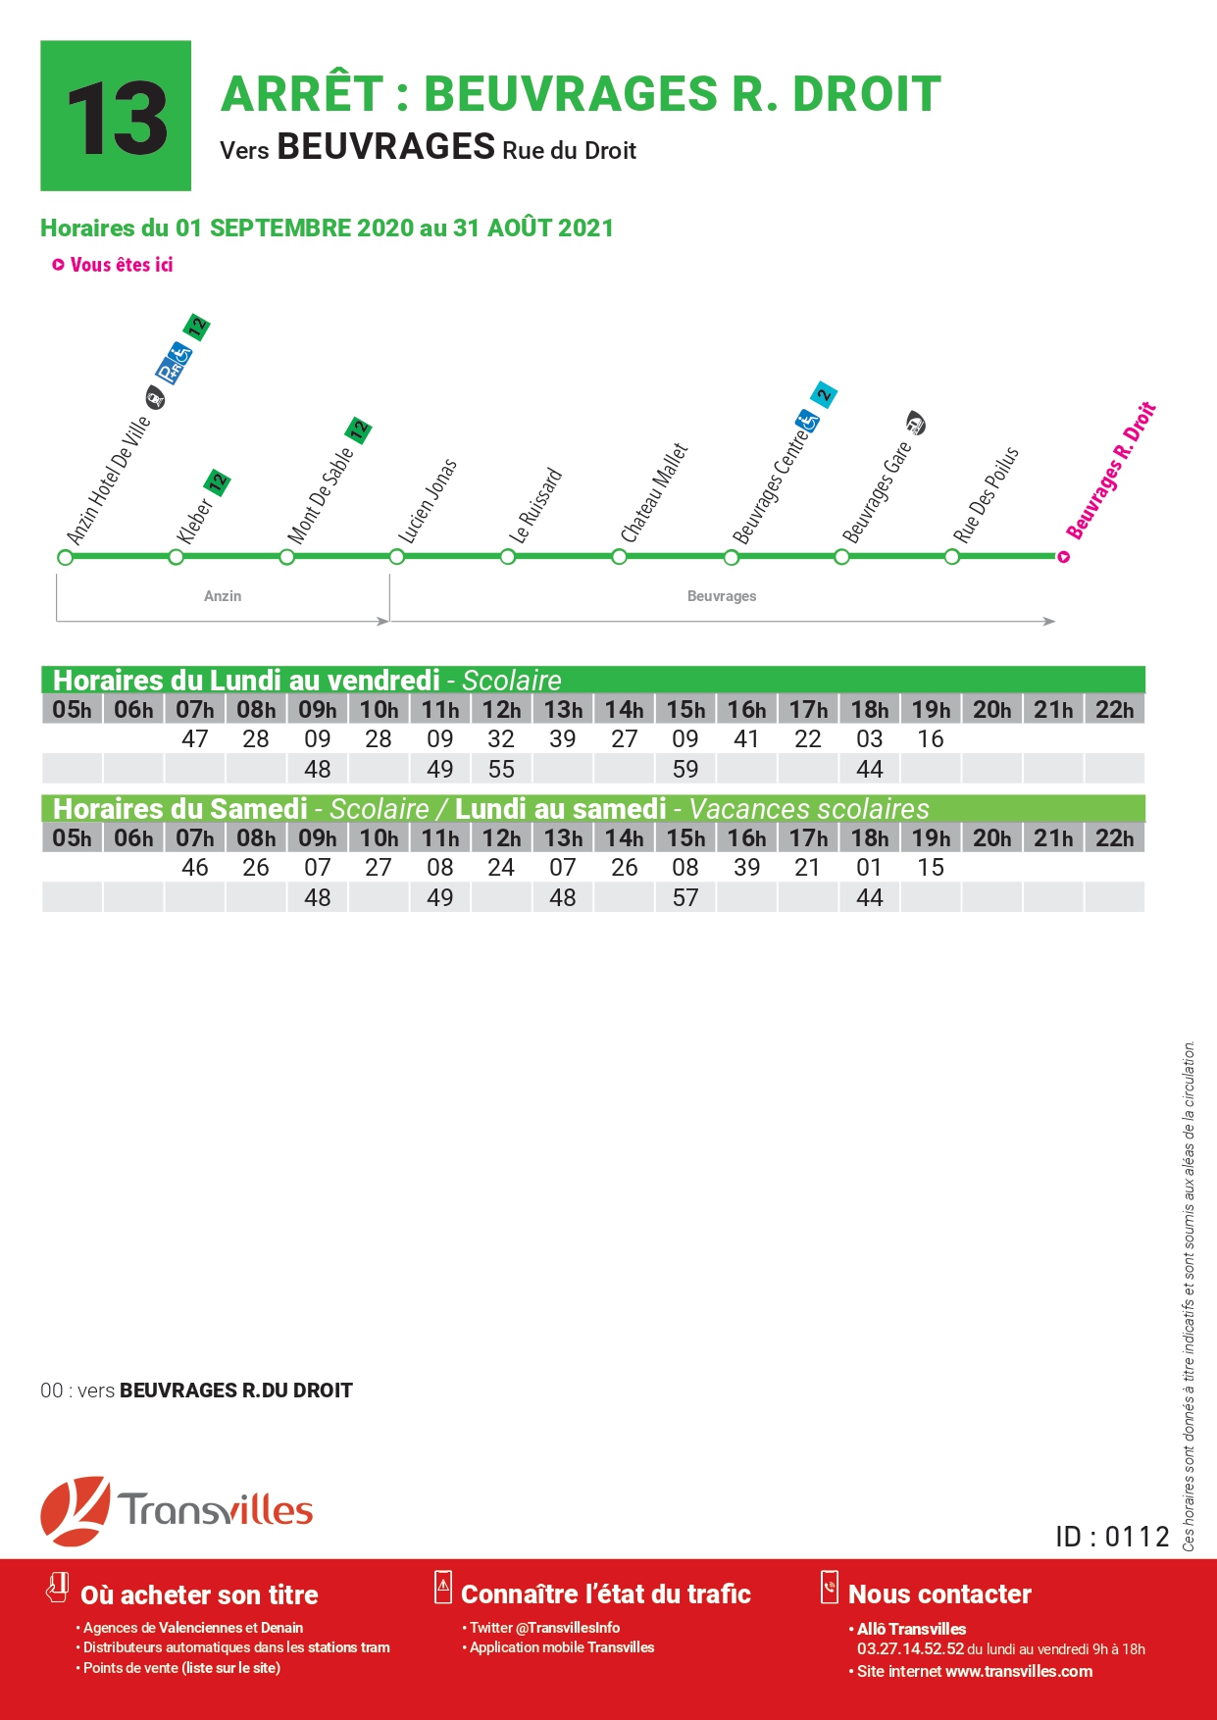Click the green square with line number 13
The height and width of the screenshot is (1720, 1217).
(x=116, y=116)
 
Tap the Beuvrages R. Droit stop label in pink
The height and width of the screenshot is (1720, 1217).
(x=1111, y=471)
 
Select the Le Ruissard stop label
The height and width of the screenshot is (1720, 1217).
(x=536, y=506)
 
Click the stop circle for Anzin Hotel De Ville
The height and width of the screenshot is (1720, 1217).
(x=66, y=557)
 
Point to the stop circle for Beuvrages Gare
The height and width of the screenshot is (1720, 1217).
(x=841, y=557)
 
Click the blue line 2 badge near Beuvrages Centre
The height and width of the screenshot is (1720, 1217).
(x=824, y=395)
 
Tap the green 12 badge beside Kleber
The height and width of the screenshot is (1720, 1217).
(x=217, y=482)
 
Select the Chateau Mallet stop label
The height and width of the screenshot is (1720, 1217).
(x=654, y=492)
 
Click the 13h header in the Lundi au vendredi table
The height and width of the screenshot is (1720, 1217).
(x=563, y=709)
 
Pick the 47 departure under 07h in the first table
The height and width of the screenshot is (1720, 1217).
(x=195, y=738)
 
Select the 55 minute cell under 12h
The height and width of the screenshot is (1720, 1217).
(x=501, y=769)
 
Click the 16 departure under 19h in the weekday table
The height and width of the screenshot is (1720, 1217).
(x=931, y=738)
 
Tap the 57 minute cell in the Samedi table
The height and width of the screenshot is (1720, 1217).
(x=685, y=897)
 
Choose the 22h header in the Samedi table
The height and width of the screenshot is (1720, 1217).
(x=1115, y=837)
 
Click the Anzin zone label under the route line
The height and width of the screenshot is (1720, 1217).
(x=223, y=596)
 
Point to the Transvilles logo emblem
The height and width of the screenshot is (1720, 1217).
(x=75, y=1510)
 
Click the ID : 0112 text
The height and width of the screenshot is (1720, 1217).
(x=1112, y=1537)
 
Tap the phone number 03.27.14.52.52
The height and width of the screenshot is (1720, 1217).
(x=911, y=1649)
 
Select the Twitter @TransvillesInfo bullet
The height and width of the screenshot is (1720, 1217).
(x=541, y=1628)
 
